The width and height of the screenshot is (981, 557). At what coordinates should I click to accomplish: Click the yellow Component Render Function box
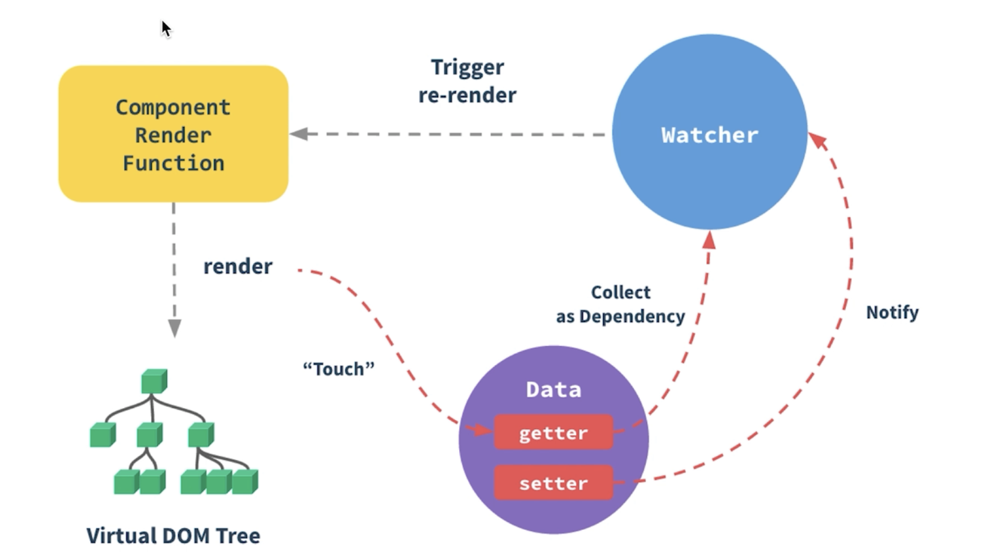[x=174, y=134]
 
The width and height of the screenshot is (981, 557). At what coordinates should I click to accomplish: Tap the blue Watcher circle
[x=709, y=133]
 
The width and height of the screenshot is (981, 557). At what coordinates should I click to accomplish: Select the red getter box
[x=553, y=432]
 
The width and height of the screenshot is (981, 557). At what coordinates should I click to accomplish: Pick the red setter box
[x=553, y=483]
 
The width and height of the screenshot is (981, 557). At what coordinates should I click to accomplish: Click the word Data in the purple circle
[x=553, y=389]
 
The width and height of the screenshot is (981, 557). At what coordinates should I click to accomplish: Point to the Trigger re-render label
[x=467, y=81]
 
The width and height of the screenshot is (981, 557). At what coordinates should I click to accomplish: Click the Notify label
[x=892, y=312]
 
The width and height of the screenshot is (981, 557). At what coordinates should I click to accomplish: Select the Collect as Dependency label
[x=621, y=304]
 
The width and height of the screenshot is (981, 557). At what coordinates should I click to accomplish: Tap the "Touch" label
[x=339, y=368]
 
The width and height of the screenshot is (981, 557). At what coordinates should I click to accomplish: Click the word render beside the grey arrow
[x=237, y=266]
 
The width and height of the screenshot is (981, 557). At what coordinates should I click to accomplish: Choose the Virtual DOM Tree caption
[x=173, y=535]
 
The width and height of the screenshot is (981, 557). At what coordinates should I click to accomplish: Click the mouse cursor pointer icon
[x=166, y=28]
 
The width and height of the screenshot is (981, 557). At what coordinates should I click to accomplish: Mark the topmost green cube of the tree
[x=154, y=381]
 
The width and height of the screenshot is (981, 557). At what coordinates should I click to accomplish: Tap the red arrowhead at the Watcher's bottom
[x=709, y=241]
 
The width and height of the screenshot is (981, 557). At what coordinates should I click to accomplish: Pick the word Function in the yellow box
[x=174, y=163]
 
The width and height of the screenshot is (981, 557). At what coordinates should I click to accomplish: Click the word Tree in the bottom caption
[x=239, y=535]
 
